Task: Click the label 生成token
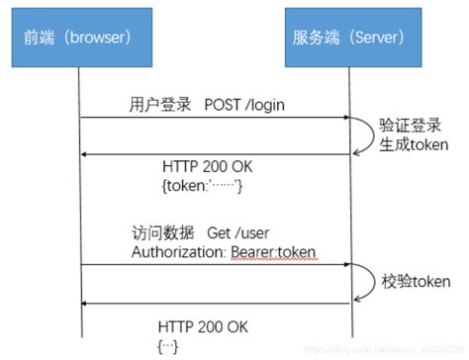pyautogui.click(x=416, y=144)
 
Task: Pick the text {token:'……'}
pyautogui.click(x=200, y=185)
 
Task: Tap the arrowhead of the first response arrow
pyautogui.click(x=84, y=153)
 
